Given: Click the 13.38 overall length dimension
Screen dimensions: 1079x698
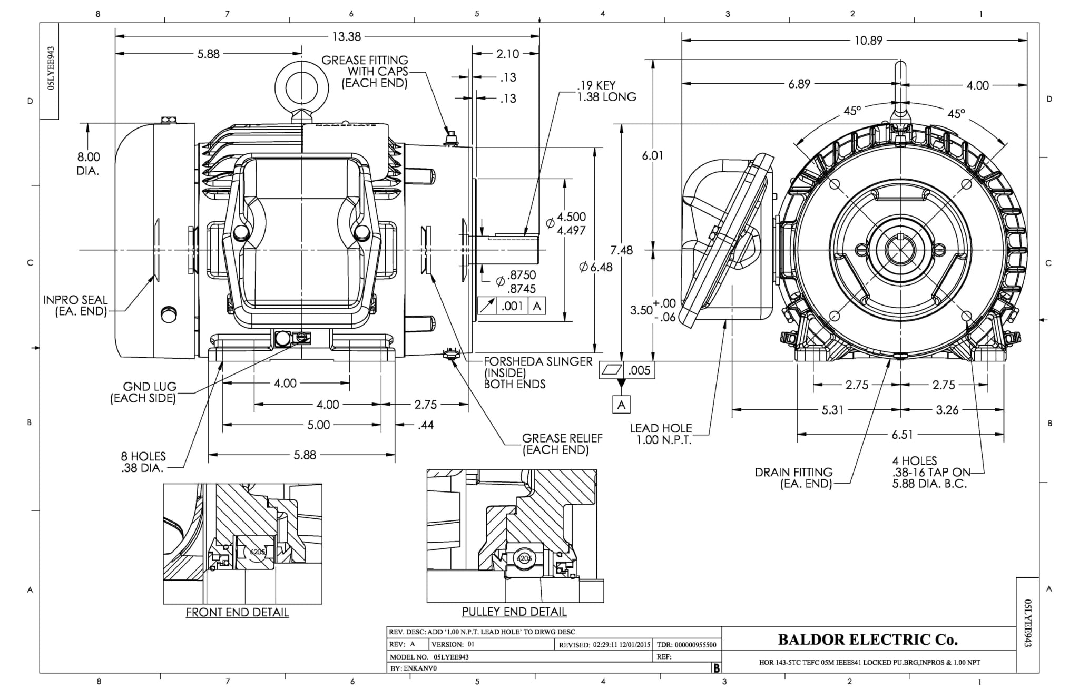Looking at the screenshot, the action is pos(346,36).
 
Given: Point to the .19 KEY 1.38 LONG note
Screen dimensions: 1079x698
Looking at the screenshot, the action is pos(606,91).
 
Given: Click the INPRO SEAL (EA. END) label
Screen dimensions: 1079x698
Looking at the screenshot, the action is pos(75,306).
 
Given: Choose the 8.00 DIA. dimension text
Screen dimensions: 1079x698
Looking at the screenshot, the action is pos(88,163).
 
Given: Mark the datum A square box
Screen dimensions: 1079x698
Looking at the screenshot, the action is pos(621,405).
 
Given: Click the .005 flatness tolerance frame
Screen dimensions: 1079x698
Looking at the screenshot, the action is pos(627,370).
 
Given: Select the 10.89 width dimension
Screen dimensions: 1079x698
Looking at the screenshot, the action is pos(868,41).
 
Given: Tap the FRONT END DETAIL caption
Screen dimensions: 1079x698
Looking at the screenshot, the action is pos(237,612).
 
